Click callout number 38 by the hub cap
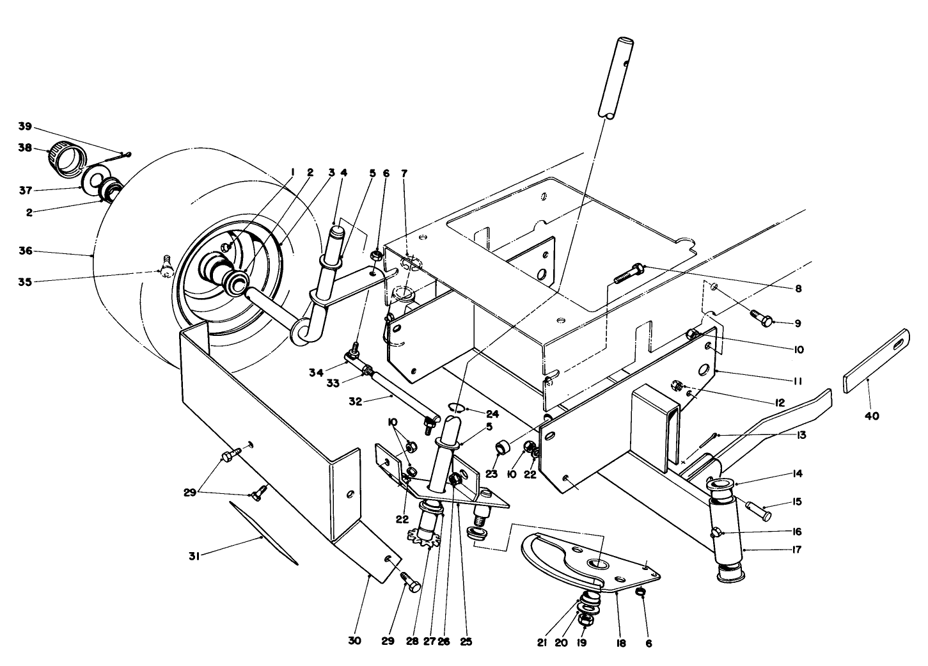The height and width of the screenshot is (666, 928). pyautogui.click(x=25, y=147)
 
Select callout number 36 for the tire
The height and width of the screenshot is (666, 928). pyautogui.click(x=25, y=251)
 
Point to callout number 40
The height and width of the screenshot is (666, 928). pyautogui.click(x=872, y=416)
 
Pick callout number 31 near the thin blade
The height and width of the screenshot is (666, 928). pyautogui.click(x=194, y=557)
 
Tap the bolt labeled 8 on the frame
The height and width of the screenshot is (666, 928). pyautogui.click(x=629, y=274)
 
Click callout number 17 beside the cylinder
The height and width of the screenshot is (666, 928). pyautogui.click(x=796, y=550)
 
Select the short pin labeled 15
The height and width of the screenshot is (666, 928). pyautogui.click(x=759, y=511)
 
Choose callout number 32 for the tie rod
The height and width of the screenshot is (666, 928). pyautogui.click(x=356, y=402)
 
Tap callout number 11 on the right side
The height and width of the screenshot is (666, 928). pyautogui.click(x=798, y=381)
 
